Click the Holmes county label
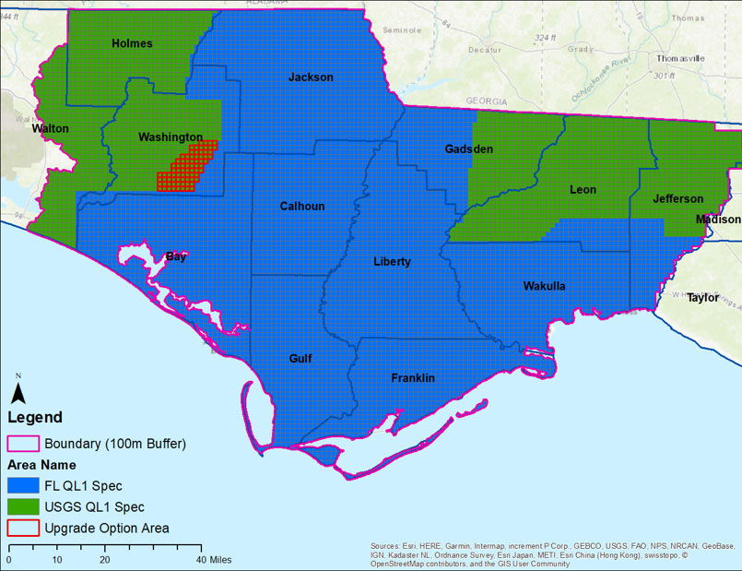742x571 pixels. coord(132,43)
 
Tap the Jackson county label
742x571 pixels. coord(311,77)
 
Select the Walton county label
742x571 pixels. coord(50,129)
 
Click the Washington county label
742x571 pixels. coord(171,137)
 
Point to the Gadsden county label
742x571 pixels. coord(468,149)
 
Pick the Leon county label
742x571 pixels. coord(583,190)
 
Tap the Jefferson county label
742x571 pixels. coord(677,199)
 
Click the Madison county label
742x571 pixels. coord(717,220)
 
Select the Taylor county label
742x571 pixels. coord(702,298)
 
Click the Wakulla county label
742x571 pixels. coord(544,286)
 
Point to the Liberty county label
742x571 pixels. coord(392,262)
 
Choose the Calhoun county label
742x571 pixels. coord(302,207)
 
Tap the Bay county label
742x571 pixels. coord(175,257)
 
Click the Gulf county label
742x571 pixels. coord(300,358)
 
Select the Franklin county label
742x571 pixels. coord(412,378)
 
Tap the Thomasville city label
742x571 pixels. coord(680,58)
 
